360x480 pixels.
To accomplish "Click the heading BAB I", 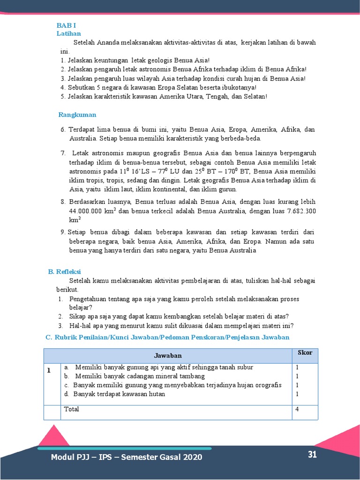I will coord(66,25).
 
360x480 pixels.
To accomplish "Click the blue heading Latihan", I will coord(68,33).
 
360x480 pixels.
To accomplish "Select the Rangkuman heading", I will coord(77,114).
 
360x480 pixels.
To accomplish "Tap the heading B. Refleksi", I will coord(65,271).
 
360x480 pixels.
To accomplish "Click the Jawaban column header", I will coord(168,356).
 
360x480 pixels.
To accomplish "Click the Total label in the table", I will coord(72,409).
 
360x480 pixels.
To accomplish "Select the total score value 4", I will coord(297,409).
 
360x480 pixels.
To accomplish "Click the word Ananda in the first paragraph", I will coord(110,43).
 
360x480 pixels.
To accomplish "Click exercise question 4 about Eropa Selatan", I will coord(158,88).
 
